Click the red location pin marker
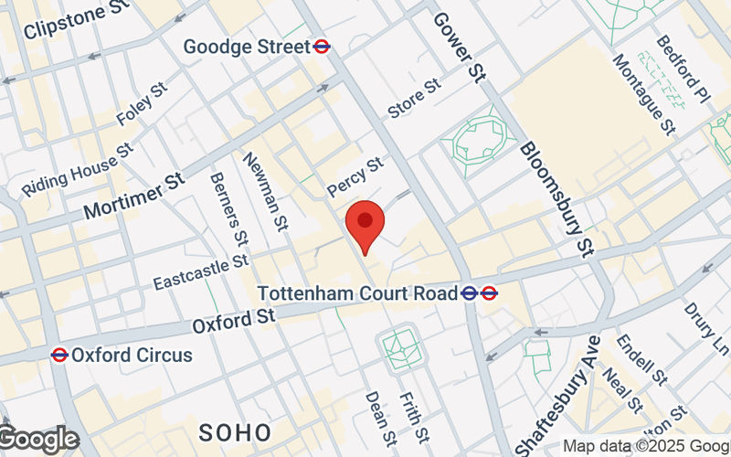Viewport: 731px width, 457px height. (365, 225)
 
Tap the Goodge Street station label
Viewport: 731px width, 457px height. (246, 46)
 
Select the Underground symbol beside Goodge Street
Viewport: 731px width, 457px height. (322, 46)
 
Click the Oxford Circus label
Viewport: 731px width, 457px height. (132, 355)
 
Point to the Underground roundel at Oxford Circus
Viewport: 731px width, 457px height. (59, 355)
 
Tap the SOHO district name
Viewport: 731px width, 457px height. (236, 431)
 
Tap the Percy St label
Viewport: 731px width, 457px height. (355, 175)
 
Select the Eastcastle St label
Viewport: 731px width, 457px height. (201, 271)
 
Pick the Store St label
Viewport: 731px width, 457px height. (414, 98)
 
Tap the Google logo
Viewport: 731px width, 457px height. (38, 440)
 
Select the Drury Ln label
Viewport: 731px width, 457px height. (708, 331)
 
